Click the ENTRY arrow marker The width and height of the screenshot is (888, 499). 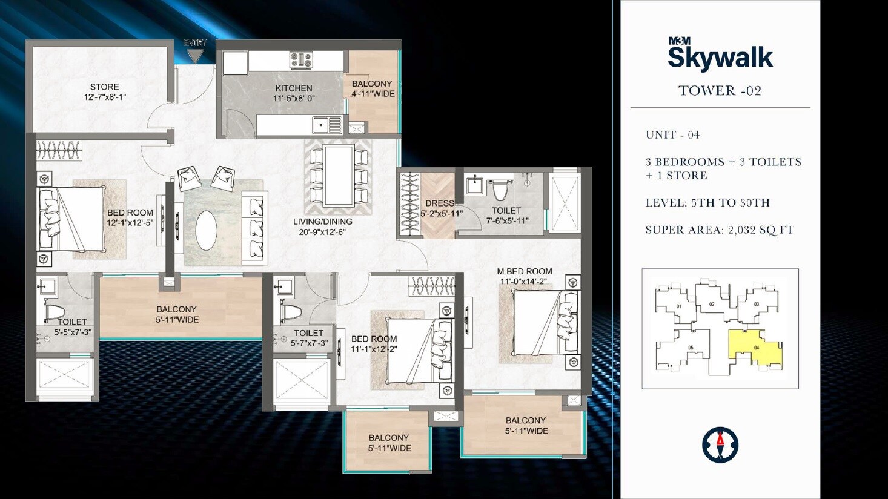194,55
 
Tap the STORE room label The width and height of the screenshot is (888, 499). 105,92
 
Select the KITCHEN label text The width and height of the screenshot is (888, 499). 294,93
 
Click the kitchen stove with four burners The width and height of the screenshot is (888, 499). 301,60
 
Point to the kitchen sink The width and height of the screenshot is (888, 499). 327,125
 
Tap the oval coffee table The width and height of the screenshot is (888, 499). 207,230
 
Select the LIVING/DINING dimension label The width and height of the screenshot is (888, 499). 322,226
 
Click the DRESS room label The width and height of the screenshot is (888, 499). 441,208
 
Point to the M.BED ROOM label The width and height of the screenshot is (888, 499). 524,276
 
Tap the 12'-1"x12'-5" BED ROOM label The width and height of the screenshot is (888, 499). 130,218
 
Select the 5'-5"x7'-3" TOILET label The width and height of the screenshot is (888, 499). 72,327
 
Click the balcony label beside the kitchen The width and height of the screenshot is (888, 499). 372,89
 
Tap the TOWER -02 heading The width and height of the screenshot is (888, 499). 720,91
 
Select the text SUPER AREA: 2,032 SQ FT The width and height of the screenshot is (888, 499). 719,230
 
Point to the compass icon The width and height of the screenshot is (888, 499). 720,445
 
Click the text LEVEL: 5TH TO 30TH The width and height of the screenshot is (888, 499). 707,203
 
